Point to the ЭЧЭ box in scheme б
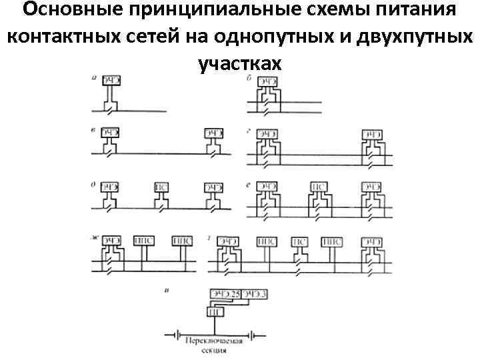pyautogui.click(x=268, y=83)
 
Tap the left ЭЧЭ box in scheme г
pyautogui.click(x=267, y=133)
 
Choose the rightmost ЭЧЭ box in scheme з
pyautogui.click(x=371, y=241)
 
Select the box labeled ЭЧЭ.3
pyautogui.click(x=255, y=293)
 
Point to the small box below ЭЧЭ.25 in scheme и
pyautogui.click(x=215, y=311)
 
